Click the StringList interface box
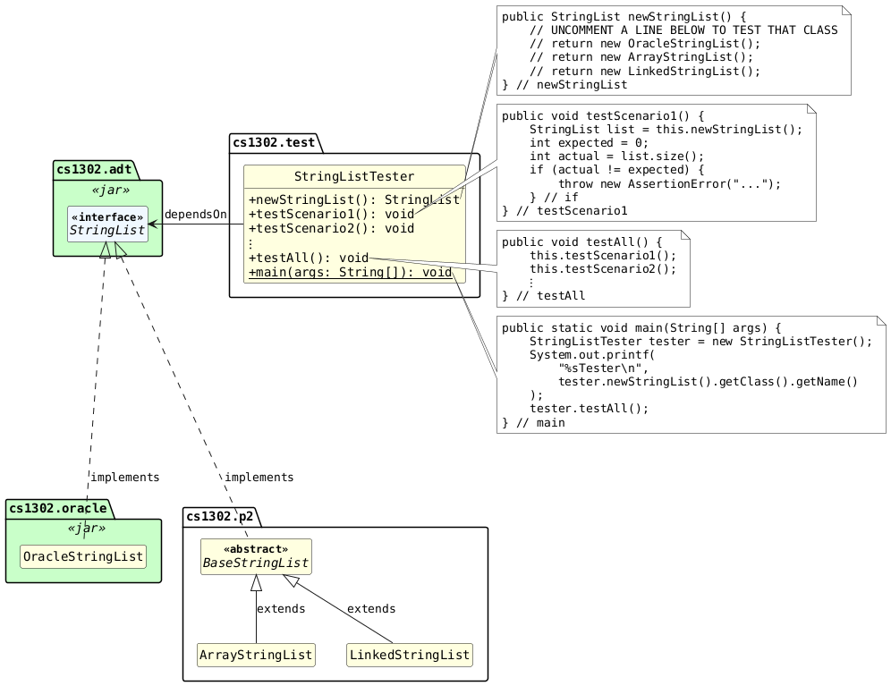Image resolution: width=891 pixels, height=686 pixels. (107, 224)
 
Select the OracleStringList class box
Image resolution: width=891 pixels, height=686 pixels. (83, 556)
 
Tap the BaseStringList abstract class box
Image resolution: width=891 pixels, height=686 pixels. (256, 556)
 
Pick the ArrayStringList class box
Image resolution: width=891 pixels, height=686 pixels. (256, 656)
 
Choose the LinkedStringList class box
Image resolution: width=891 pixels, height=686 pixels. (409, 656)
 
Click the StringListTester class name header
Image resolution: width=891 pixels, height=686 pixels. (354, 176)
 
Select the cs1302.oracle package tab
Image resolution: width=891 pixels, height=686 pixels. (60, 508)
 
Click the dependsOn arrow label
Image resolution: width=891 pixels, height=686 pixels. (195, 215)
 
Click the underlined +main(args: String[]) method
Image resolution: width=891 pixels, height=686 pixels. (350, 272)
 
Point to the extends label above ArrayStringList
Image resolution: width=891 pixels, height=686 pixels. (280, 609)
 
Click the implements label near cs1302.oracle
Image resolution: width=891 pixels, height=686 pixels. (125, 478)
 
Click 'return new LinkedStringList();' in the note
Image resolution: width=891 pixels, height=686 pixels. (644, 71)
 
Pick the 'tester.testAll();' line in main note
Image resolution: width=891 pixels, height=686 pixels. (589, 408)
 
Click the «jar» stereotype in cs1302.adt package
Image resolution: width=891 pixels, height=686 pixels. (107, 190)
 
